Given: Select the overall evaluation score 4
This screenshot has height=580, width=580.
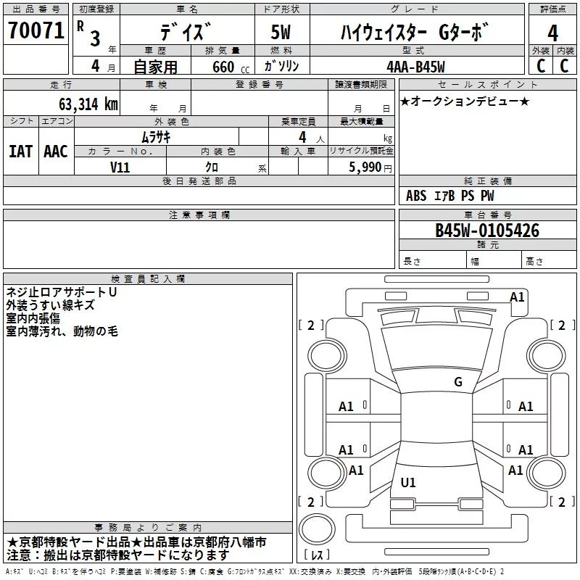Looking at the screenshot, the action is point(552,33).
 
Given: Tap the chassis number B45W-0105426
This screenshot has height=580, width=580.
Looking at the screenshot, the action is point(487,231).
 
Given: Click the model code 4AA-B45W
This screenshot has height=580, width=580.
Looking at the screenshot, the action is point(415,67).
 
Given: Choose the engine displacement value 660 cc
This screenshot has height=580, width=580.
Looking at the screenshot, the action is point(223,67).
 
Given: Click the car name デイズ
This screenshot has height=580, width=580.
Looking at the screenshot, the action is point(186,32).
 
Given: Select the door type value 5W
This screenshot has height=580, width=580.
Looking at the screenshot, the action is point(281,33).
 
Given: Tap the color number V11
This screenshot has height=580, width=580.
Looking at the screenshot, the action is point(120,167).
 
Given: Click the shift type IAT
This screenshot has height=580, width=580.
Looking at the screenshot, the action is point(20,152).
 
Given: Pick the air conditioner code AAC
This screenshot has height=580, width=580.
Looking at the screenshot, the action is point(56,152).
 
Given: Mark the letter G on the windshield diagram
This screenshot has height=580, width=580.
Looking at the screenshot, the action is point(457,382).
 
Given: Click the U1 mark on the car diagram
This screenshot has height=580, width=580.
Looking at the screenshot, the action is point(408,483).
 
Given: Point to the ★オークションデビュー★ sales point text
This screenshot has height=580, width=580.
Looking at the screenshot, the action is point(465,101).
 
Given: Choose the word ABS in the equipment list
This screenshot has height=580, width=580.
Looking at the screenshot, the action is point(416,196).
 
